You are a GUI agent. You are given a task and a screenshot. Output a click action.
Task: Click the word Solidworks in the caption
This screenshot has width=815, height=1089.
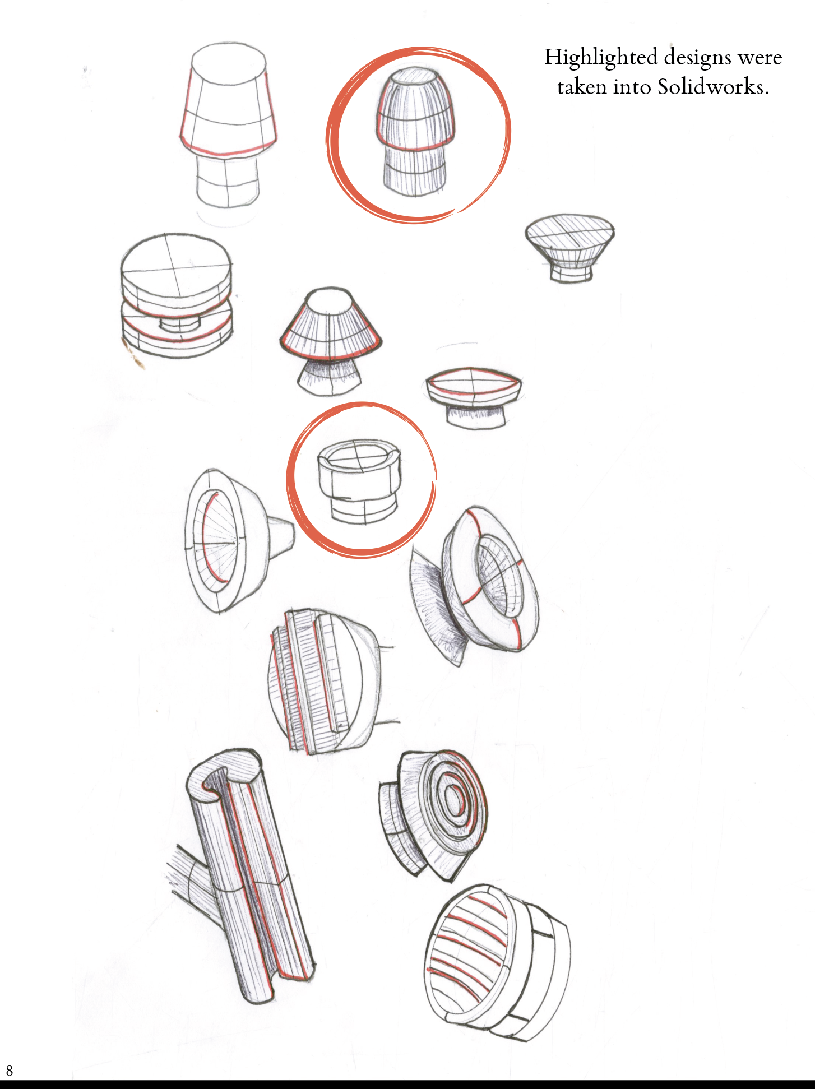[x=713, y=87]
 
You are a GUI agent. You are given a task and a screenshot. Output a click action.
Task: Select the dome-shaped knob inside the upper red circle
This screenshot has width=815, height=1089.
[x=415, y=132]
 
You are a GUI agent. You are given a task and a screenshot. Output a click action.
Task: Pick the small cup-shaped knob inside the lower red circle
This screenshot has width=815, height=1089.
[x=359, y=481]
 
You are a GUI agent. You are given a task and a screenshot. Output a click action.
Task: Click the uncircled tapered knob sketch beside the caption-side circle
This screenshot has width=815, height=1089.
[x=228, y=126]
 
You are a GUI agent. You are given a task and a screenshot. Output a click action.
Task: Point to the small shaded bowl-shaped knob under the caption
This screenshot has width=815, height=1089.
[x=569, y=247]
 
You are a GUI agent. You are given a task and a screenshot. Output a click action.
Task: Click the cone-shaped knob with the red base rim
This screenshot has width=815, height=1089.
[x=331, y=341]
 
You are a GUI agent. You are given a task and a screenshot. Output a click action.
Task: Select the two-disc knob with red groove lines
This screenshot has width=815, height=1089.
[x=177, y=296]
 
